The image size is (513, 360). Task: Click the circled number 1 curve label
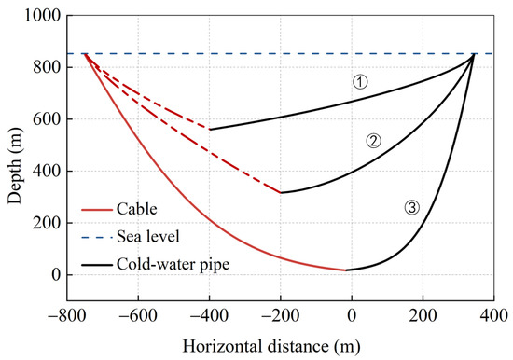click(360, 82)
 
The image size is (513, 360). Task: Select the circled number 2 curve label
click(373, 141)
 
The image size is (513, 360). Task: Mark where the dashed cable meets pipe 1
click(209, 130)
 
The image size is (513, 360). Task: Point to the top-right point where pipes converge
click(474, 55)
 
